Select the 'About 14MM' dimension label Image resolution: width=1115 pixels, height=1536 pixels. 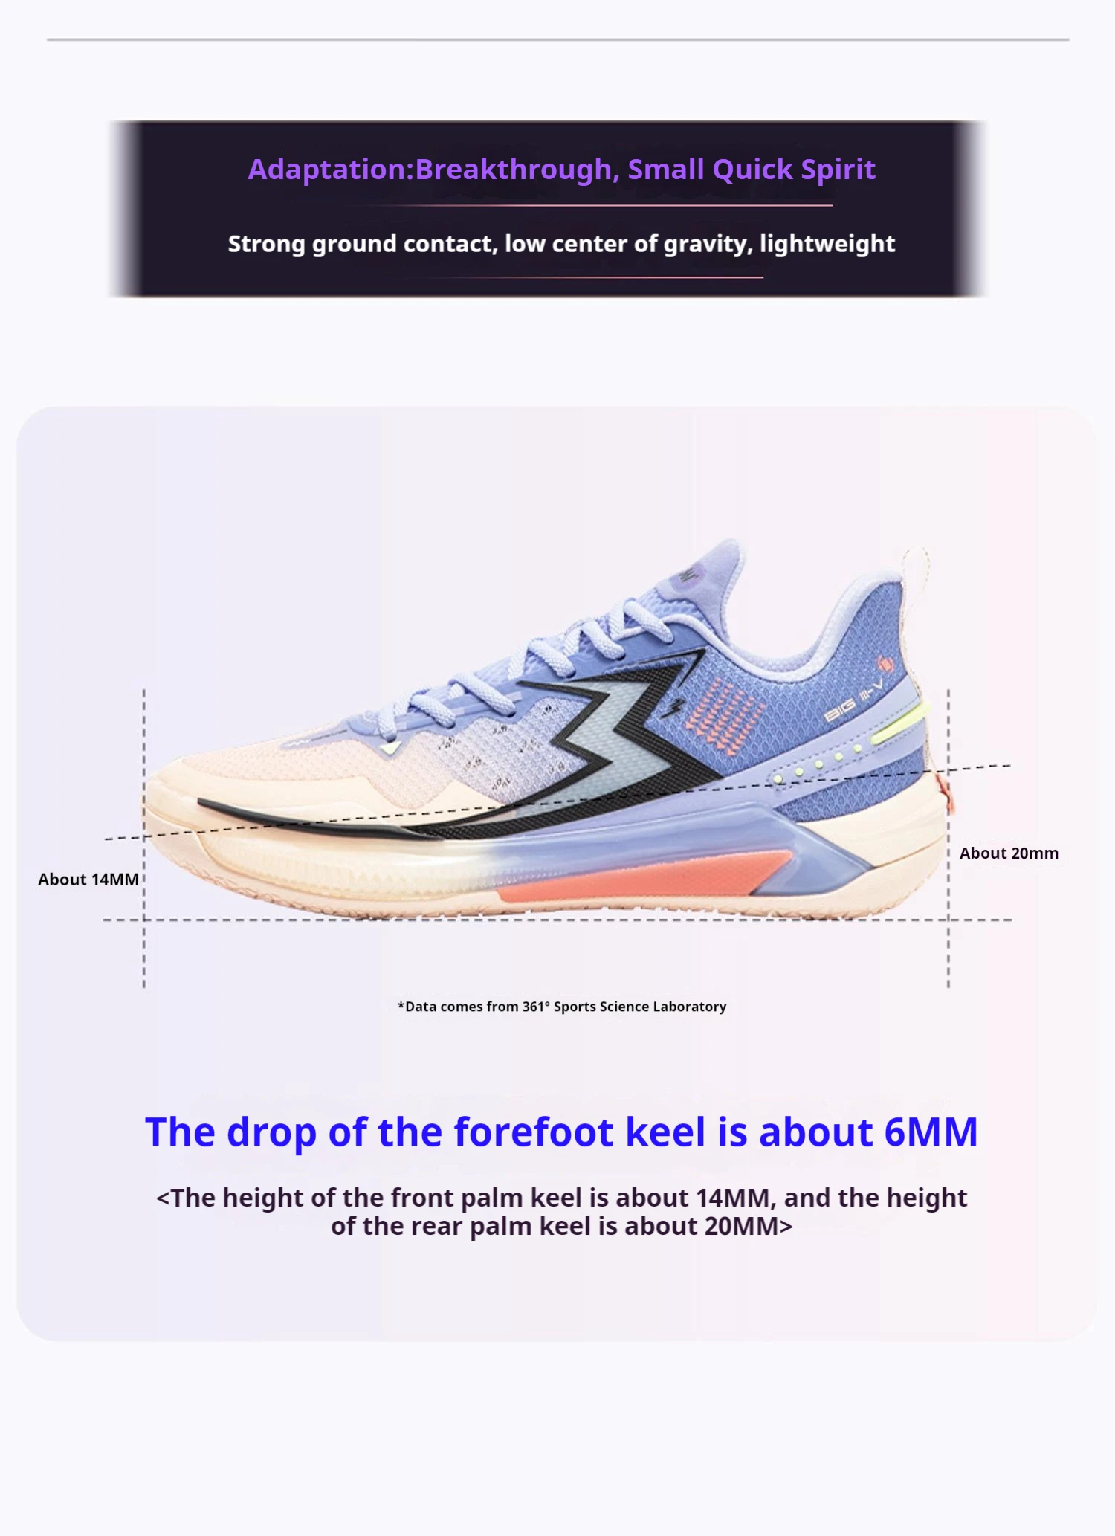pyautogui.click(x=88, y=880)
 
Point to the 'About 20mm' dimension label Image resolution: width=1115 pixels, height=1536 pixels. pyautogui.click(x=1009, y=853)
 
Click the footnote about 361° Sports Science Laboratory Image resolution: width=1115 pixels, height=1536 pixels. pyautogui.click(x=562, y=1007)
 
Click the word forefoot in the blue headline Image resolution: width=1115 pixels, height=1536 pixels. pyautogui.click(x=534, y=1132)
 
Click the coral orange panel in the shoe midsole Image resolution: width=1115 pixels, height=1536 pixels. pyautogui.click(x=639, y=877)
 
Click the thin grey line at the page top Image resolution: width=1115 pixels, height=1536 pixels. pyautogui.click(x=557, y=39)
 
